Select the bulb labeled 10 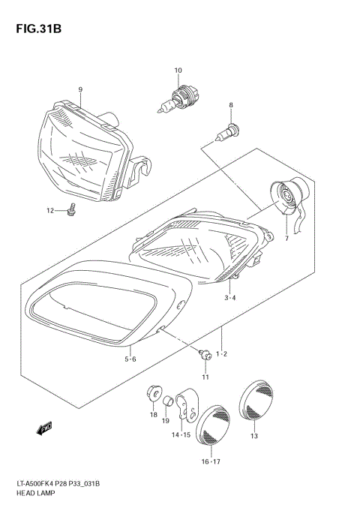pos(178,100)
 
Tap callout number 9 pos(79,90)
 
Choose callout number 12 pos(50,210)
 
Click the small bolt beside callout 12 pos(71,211)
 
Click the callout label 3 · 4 pos(230,299)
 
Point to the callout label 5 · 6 pos(130,359)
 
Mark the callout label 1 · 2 pos(222,353)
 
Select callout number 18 pos(153,413)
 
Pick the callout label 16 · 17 pos(211,462)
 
